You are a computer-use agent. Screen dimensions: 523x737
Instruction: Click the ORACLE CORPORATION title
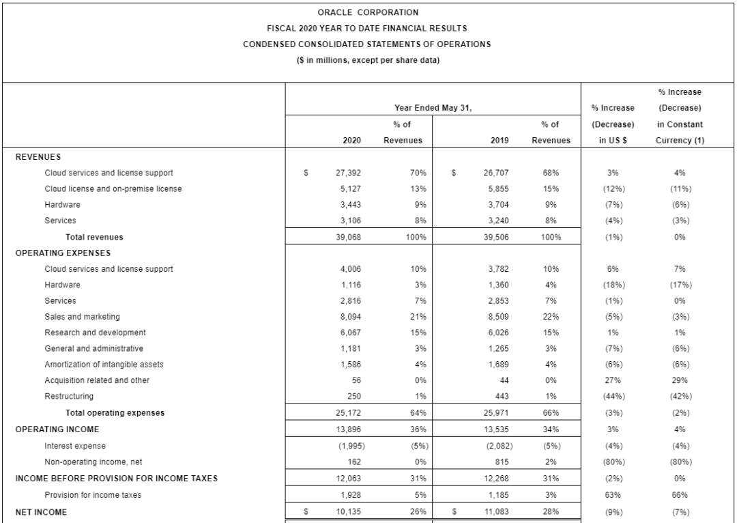coord(368,12)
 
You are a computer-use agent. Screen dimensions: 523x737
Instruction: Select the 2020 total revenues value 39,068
coord(349,238)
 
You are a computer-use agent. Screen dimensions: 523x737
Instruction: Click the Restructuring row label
coord(69,396)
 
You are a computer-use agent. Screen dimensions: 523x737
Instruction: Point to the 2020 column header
coord(352,140)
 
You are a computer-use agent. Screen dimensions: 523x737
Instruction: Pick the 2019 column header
coord(500,140)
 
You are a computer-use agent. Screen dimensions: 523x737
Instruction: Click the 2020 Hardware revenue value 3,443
coord(351,204)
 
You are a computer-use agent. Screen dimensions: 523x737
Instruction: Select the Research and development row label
coord(95,333)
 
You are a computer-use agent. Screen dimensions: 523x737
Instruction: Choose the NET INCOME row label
coord(41,512)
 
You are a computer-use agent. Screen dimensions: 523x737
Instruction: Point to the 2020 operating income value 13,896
coord(349,429)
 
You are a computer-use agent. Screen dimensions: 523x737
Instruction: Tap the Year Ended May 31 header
coord(433,107)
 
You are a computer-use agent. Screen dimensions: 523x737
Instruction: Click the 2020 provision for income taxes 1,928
coord(351,494)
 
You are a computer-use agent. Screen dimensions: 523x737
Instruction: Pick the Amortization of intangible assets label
coord(104,365)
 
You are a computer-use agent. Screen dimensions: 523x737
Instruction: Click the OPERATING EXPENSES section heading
coord(63,253)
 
